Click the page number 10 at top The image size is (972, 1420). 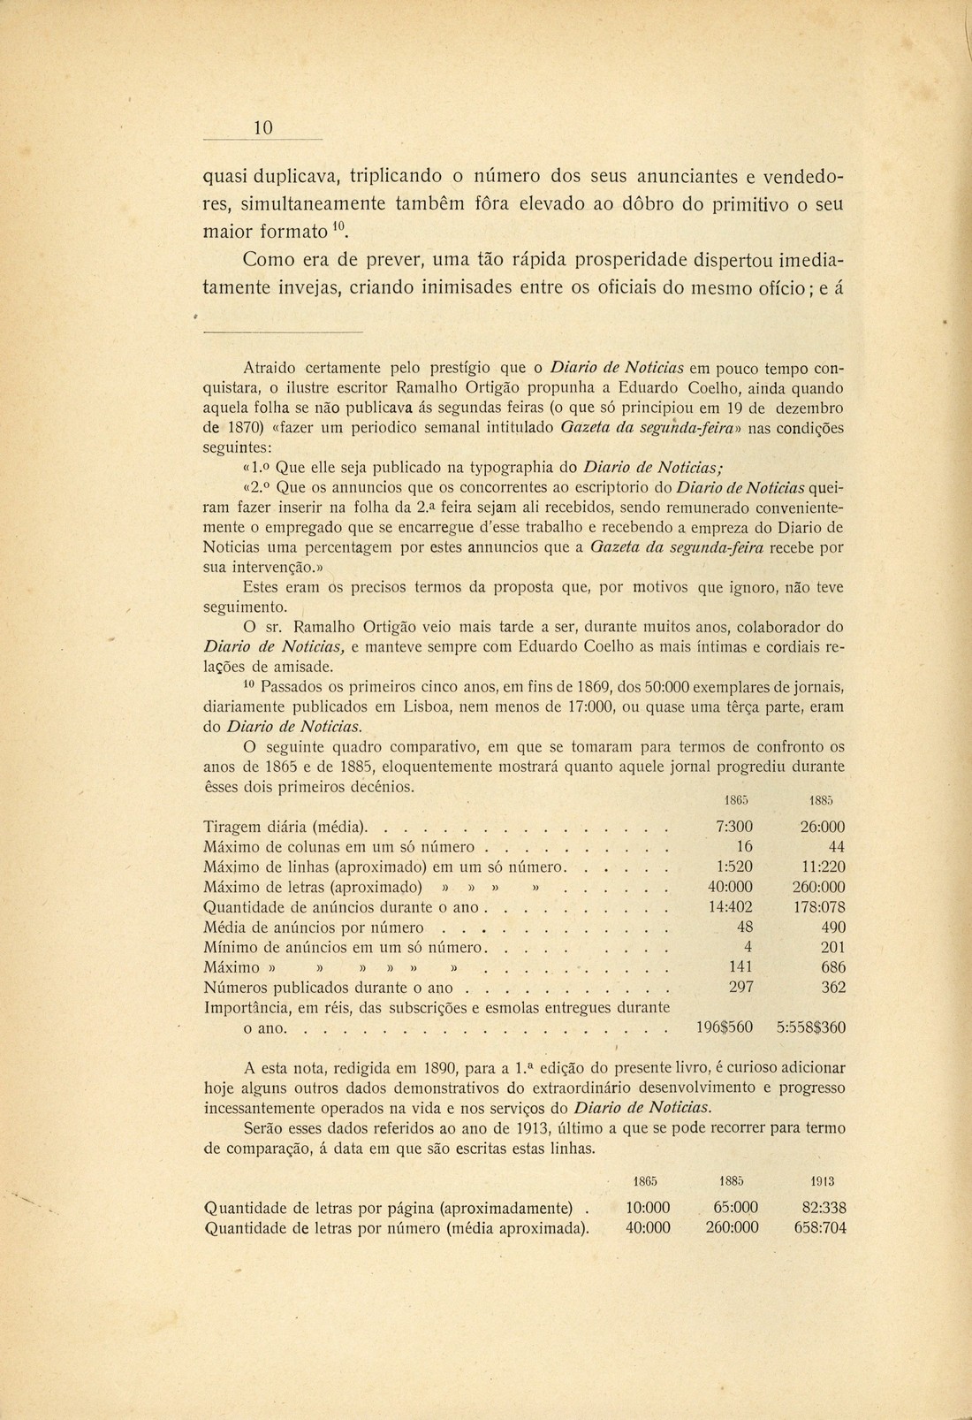coord(262,128)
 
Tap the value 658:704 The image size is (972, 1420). coord(820,1227)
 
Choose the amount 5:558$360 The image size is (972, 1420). coord(810,1028)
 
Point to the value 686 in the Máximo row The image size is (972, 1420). coord(832,967)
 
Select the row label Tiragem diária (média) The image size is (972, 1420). coord(285,828)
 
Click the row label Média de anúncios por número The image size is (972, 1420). coord(314,928)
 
